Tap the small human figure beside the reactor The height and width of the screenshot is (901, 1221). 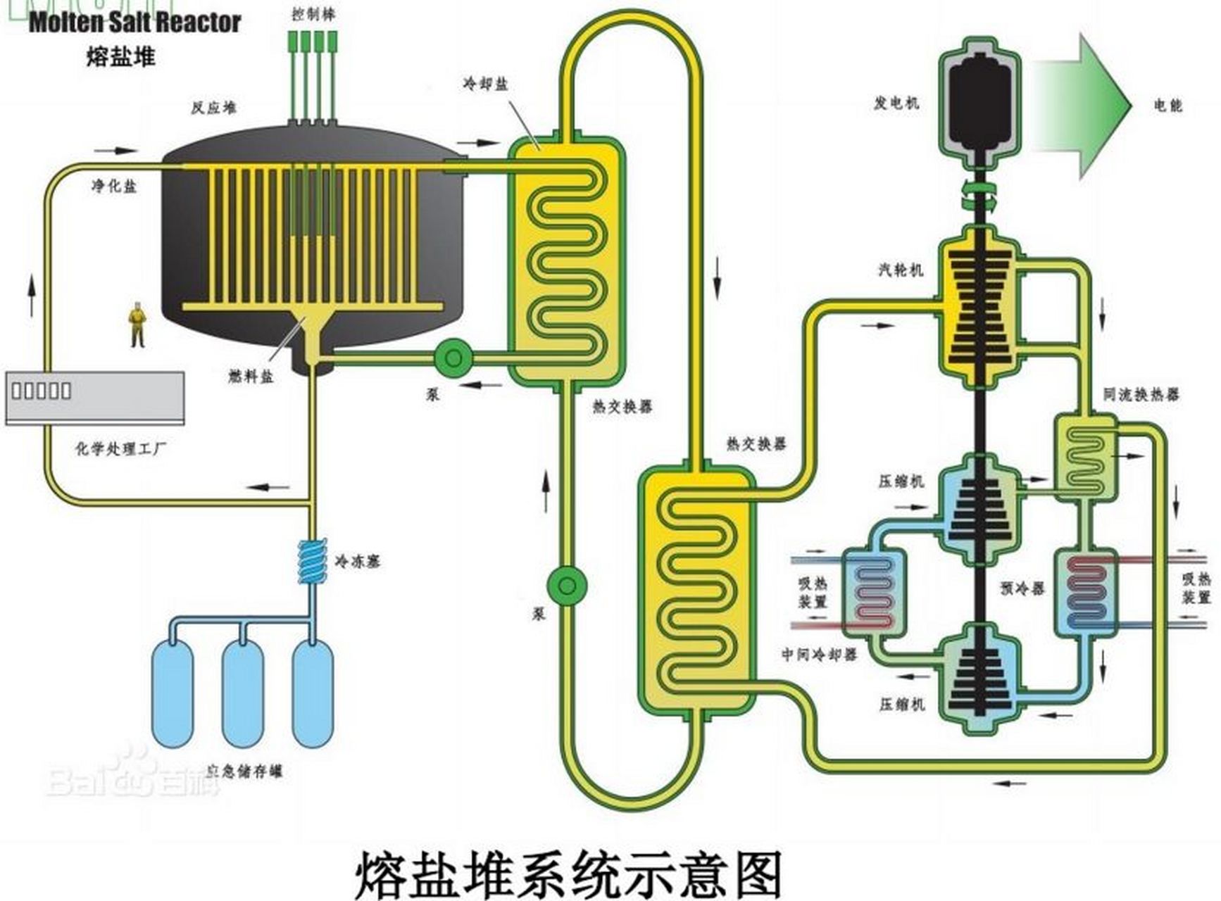click(137, 325)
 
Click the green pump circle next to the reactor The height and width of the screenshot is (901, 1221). click(453, 358)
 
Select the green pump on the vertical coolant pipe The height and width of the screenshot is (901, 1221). click(567, 586)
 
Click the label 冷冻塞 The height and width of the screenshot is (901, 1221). click(357, 562)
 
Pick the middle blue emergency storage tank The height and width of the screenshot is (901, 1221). click(243, 693)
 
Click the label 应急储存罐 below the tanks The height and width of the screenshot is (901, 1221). click(245, 771)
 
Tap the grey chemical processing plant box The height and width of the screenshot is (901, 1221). click(95, 398)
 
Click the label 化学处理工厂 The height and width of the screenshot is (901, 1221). click(120, 448)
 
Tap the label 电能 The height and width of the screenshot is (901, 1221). click(1167, 106)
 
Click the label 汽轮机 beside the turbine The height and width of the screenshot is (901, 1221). click(900, 270)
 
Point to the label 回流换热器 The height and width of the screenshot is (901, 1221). click(1141, 395)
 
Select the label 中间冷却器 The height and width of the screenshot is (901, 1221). click(819, 655)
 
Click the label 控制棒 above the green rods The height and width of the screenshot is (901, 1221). click(313, 15)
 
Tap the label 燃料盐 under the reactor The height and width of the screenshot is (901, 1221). click(251, 377)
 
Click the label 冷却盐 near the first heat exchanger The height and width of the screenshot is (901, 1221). click(485, 84)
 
